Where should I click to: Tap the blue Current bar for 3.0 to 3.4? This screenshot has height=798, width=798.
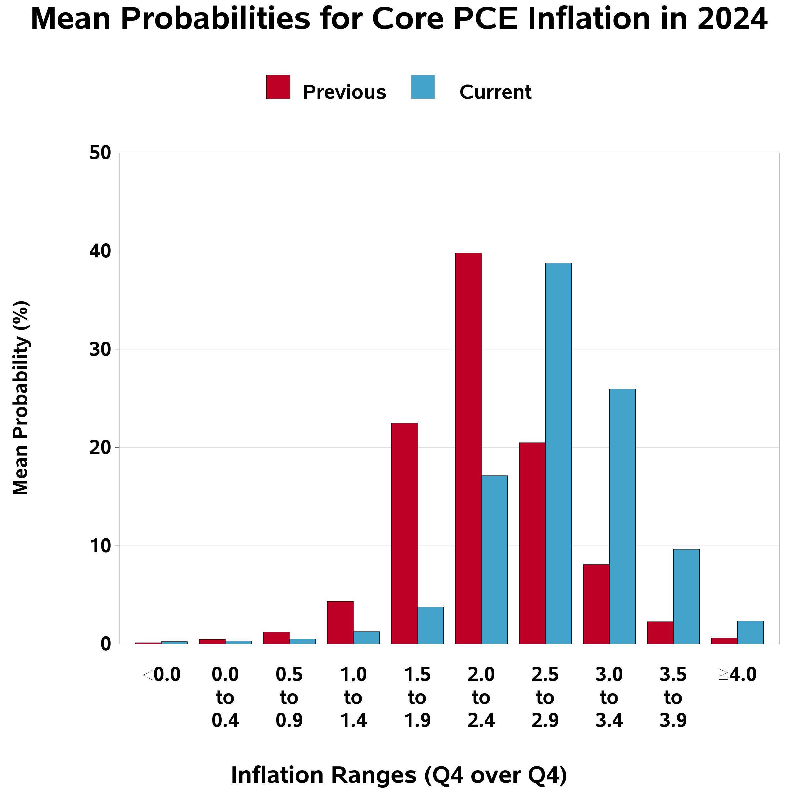coord(622,516)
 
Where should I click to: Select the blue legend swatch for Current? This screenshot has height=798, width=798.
coord(423,87)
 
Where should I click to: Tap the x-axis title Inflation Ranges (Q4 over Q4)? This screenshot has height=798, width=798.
coord(399,775)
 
